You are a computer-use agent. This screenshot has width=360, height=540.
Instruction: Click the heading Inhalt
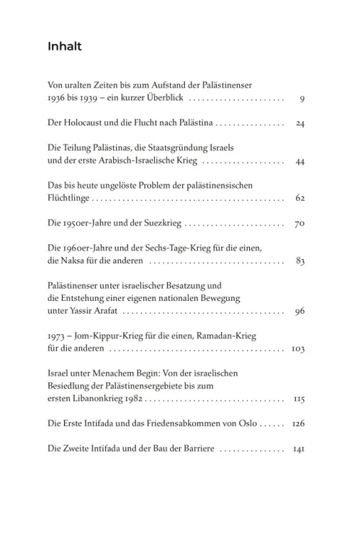(x=65, y=48)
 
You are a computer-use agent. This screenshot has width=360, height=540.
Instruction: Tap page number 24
(x=300, y=124)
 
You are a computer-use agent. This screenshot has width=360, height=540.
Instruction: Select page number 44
(x=300, y=161)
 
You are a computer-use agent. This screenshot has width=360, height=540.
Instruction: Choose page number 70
(x=300, y=223)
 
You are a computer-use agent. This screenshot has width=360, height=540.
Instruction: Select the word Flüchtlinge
(x=69, y=198)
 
